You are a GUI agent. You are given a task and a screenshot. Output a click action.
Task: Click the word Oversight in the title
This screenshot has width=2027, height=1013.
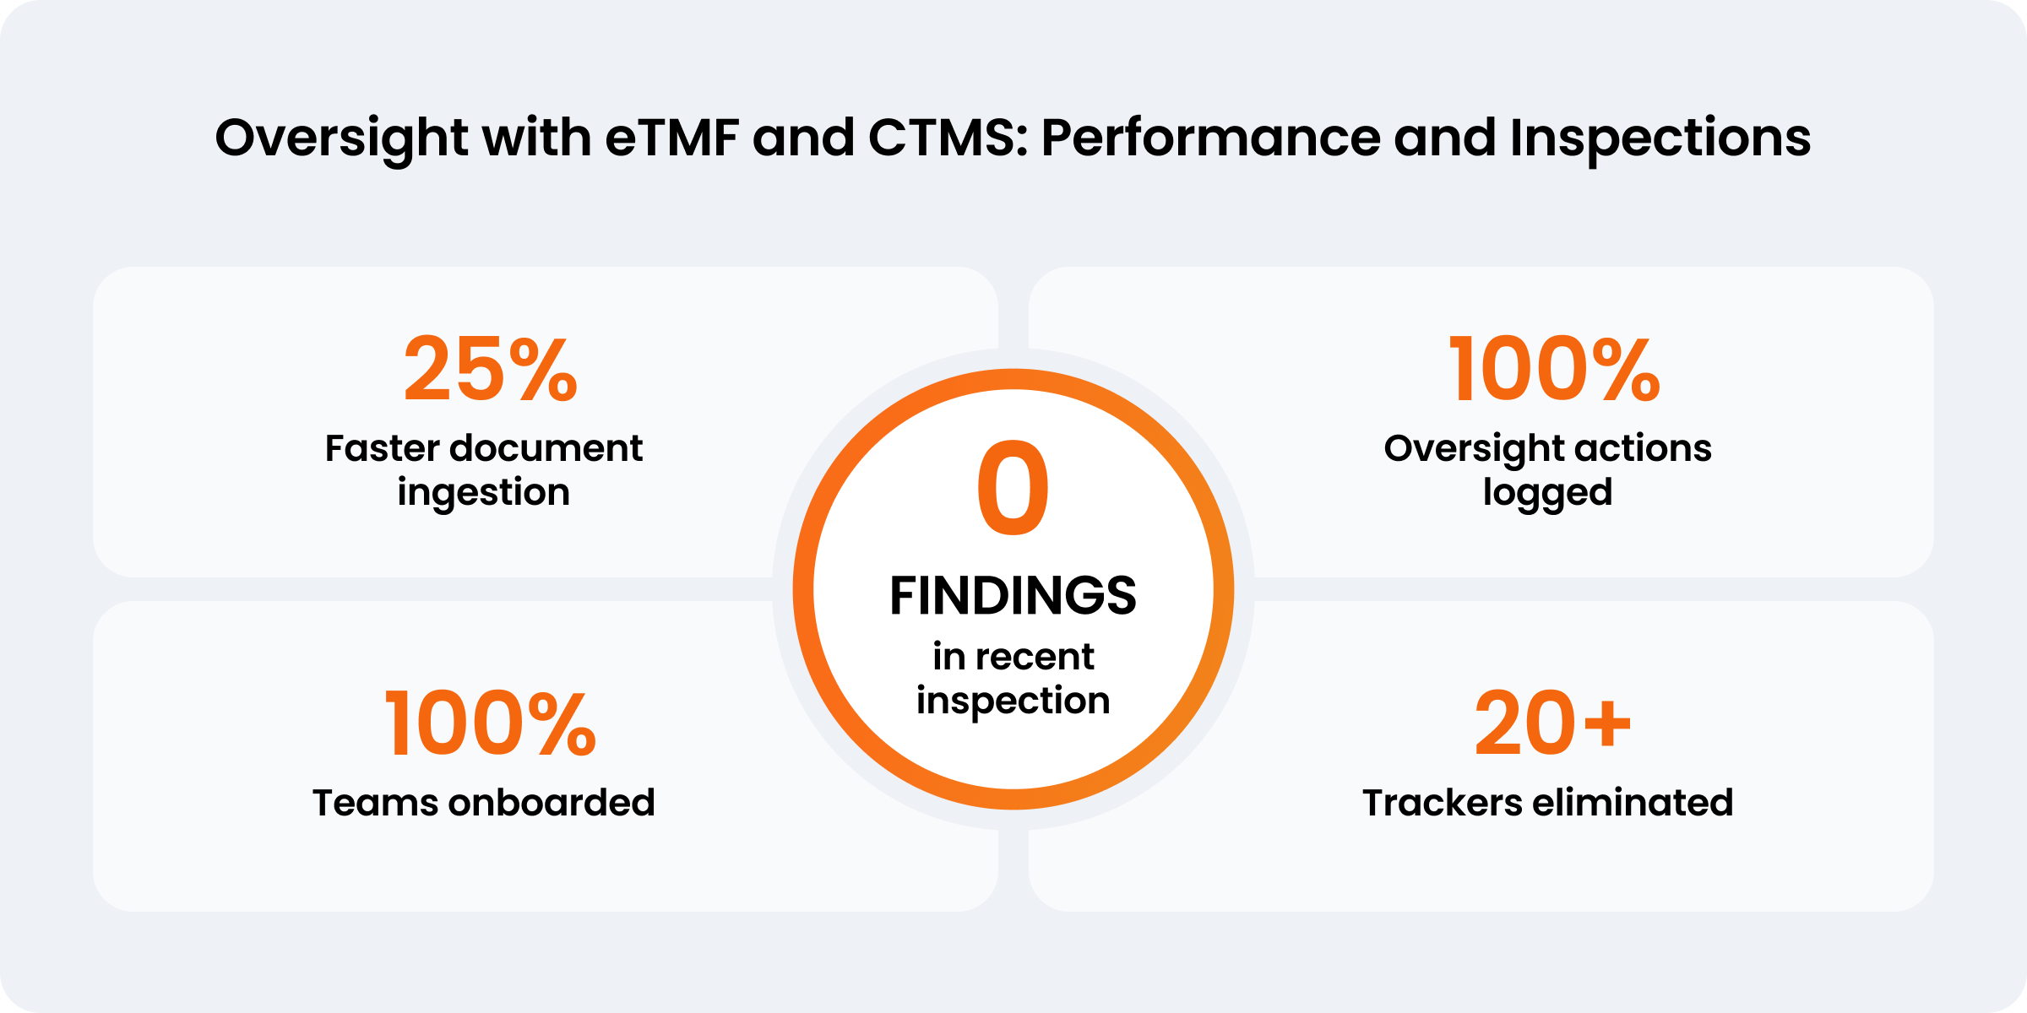click(x=341, y=138)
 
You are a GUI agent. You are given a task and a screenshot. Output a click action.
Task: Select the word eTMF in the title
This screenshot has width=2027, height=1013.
click(x=672, y=138)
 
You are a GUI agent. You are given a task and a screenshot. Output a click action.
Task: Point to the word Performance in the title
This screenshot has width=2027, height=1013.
click(x=1211, y=138)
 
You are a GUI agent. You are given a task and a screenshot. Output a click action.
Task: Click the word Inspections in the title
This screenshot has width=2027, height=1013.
click(x=1660, y=138)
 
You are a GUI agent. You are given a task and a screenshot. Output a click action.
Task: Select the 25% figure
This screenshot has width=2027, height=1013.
click(x=491, y=369)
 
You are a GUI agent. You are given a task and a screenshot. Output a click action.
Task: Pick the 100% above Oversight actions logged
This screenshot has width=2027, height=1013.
click(x=1555, y=369)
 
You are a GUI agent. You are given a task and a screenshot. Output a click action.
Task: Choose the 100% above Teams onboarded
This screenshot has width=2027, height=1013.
click(x=491, y=723)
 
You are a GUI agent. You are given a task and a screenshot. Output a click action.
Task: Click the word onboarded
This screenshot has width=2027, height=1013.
click(x=552, y=803)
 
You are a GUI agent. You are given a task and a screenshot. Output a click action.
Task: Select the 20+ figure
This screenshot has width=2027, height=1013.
click(x=1553, y=723)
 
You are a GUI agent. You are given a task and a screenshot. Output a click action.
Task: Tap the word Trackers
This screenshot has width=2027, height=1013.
click(x=1441, y=803)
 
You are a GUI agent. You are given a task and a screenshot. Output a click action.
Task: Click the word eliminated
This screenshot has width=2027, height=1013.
click(x=1633, y=803)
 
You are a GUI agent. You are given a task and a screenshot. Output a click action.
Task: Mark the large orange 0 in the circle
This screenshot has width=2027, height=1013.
click(x=1013, y=488)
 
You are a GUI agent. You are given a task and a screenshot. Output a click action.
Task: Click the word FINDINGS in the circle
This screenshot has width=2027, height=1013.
click(x=1013, y=596)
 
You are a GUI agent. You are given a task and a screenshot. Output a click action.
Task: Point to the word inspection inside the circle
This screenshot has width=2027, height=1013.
click(x=1013, y=702)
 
